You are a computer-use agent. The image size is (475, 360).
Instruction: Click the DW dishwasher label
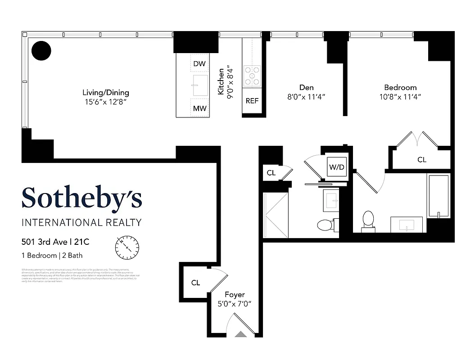(199, 64)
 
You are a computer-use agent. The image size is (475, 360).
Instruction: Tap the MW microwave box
(199, 108)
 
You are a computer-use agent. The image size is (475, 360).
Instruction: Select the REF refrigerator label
(252, 101)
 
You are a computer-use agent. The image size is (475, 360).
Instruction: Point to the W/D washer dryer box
(336, 167)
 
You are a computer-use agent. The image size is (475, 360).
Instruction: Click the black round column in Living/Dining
(41, 50)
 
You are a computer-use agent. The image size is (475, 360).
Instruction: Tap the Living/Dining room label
(105, 93)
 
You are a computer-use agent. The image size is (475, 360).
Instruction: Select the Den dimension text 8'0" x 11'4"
(306, 97)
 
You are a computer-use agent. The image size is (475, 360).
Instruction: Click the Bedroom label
(400, 87)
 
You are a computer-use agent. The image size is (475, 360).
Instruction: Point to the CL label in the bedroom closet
(421, 160)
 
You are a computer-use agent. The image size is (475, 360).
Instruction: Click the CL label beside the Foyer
(195, 283)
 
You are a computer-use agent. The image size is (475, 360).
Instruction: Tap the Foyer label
(235, 295)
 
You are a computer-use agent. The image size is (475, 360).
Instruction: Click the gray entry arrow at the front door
(242, 334)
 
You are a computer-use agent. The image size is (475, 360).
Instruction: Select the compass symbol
(127, 247)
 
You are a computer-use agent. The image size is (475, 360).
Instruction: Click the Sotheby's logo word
(81, 198)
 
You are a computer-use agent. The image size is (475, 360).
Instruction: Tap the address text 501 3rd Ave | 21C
(55, 242)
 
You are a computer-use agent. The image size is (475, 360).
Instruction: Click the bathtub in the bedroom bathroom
(438, 196)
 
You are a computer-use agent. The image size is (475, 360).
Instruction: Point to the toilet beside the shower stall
(325, 225)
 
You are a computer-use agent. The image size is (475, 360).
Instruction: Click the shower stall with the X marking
(275, 215)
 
